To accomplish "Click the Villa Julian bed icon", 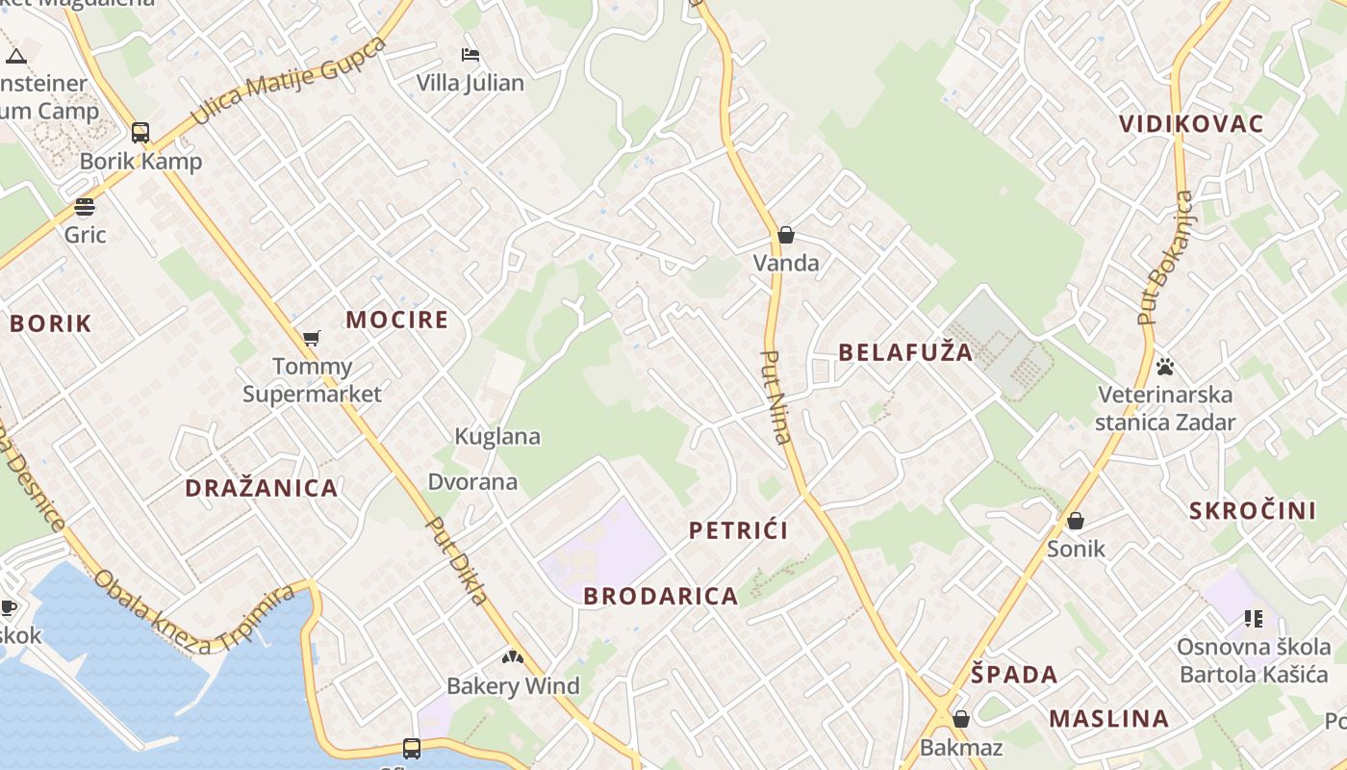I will (470, 55).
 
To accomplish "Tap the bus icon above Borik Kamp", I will (140, 133).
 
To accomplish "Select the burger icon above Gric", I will (85, 207).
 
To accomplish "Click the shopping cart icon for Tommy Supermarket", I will (311, 338).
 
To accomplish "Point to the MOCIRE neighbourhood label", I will (397, 320).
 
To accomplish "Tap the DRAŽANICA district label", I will (262, 488).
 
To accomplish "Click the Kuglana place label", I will (497, 436).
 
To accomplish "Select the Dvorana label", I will (472, 481).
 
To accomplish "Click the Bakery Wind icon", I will (513, 658).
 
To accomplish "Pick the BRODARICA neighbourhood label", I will (661, 597).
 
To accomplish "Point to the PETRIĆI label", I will (739, 530).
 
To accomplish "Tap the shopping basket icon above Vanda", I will (786, 235).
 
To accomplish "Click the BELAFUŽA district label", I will (905, 352).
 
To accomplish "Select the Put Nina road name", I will (775, 397).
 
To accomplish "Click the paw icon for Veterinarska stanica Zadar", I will (1165, 367).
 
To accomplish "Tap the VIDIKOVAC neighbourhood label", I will (1191, 124).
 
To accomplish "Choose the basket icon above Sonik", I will (1076, 521).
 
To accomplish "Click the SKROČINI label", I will (1253, 511).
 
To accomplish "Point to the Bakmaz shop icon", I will (960, 719).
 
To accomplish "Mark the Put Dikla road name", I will (458, 562).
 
